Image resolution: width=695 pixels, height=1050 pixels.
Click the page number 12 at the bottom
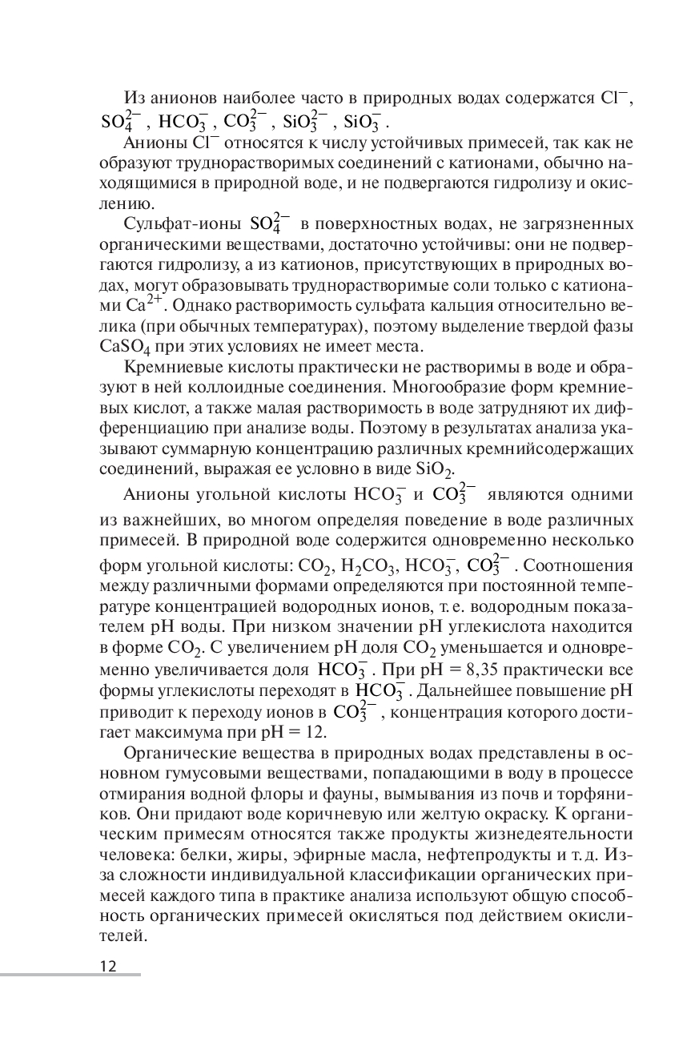(x=108, y=965)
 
